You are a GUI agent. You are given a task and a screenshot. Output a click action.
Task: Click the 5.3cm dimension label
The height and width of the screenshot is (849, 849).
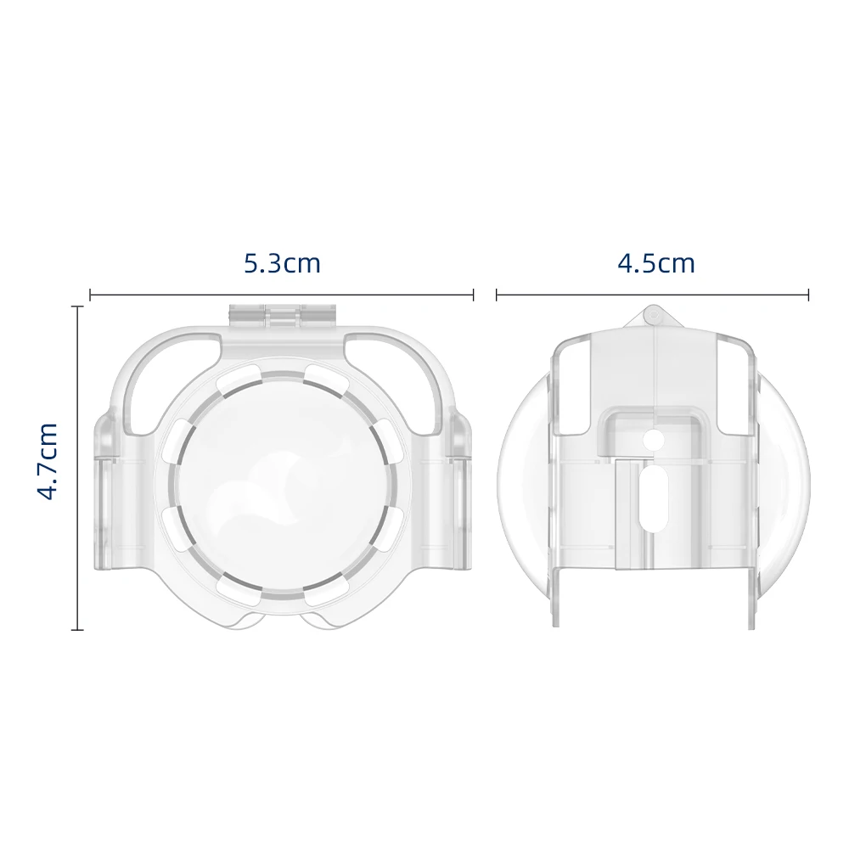[282, 263]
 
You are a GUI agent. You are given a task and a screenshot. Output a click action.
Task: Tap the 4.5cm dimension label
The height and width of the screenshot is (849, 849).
[656, 263]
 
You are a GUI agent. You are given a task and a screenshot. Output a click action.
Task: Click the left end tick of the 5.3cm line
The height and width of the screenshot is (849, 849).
[90, 295]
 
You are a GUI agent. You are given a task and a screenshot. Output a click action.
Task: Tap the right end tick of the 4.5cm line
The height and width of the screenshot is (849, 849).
[808, 295]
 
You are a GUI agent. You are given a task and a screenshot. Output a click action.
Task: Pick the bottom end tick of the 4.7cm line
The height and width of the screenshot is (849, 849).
[78, 629]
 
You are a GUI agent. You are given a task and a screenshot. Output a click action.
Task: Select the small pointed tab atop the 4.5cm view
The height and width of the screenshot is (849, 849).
[652, 317]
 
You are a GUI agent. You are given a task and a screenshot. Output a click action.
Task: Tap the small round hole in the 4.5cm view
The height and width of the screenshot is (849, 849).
[652, 441]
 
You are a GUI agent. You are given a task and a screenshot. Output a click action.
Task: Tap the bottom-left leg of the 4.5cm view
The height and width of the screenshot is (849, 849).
[556, 599]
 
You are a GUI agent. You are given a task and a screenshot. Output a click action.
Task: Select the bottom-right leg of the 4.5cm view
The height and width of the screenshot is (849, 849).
[751, 599]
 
